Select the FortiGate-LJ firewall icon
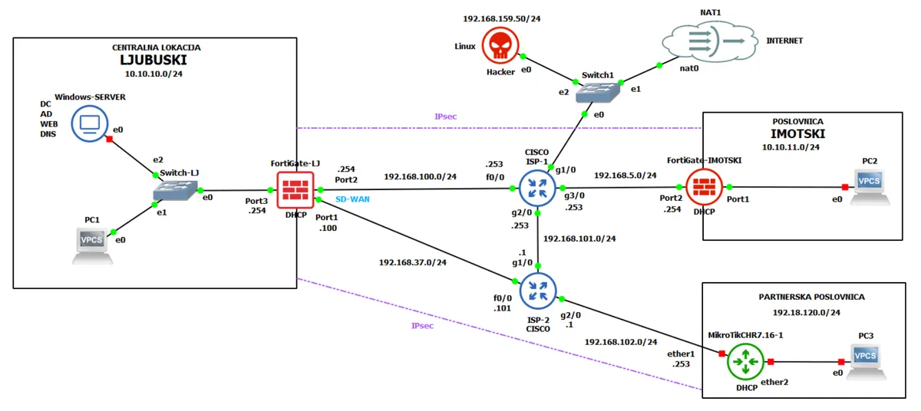pos(295,189)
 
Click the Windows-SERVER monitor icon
pos(89,123)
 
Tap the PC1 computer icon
pos(92,244)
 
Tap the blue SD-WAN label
pos(354,199)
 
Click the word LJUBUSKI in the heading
pos(153,60)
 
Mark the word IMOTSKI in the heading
pos(797,133)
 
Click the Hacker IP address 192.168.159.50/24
pos(501,18)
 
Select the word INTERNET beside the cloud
pos(784,41)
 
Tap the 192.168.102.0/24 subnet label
pos(621,341)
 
